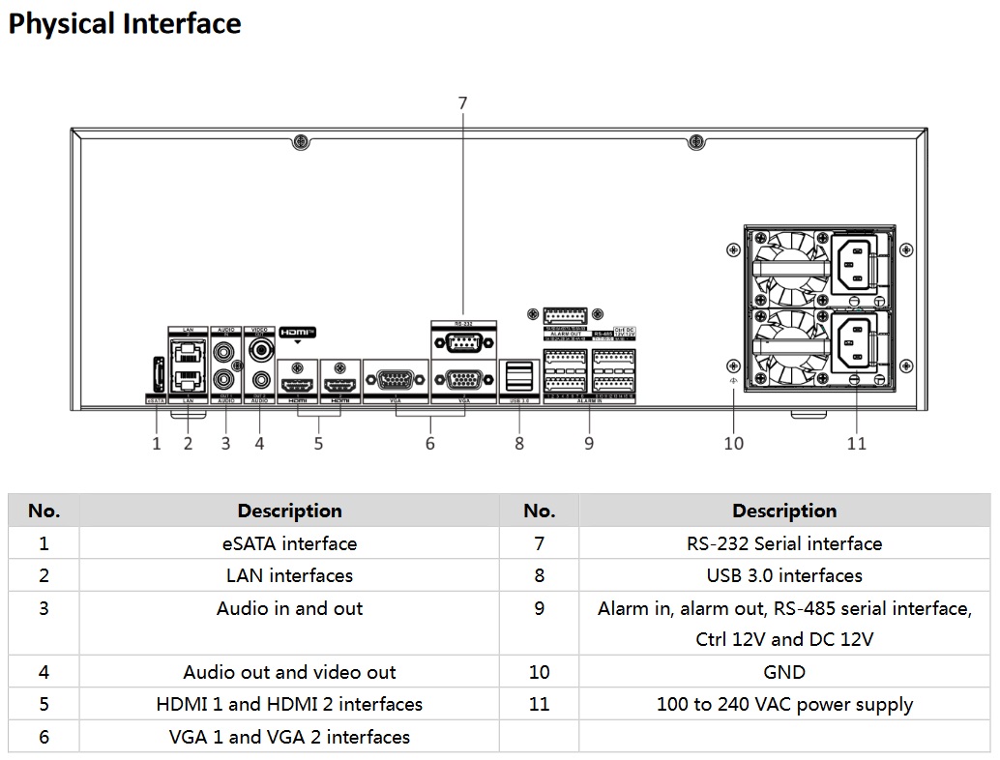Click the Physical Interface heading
(125, 24)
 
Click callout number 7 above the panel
(462, 102)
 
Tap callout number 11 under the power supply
(856, 443)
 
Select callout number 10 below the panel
(734, 443)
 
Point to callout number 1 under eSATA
(157, 444)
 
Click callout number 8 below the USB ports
(519, 443)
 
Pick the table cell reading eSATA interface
(289, 543)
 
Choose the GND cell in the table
(783, 672)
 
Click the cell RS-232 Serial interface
(783, 543)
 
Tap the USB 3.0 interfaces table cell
(783, 575)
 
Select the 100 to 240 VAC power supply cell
(783, 704)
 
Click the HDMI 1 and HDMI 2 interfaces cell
(289, 704)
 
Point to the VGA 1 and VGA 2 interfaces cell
(289, 737)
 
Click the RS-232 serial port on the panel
(462, 343)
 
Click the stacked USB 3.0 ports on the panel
(519, 376)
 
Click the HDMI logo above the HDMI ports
(298, 332)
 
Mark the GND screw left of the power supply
(733, 365)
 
